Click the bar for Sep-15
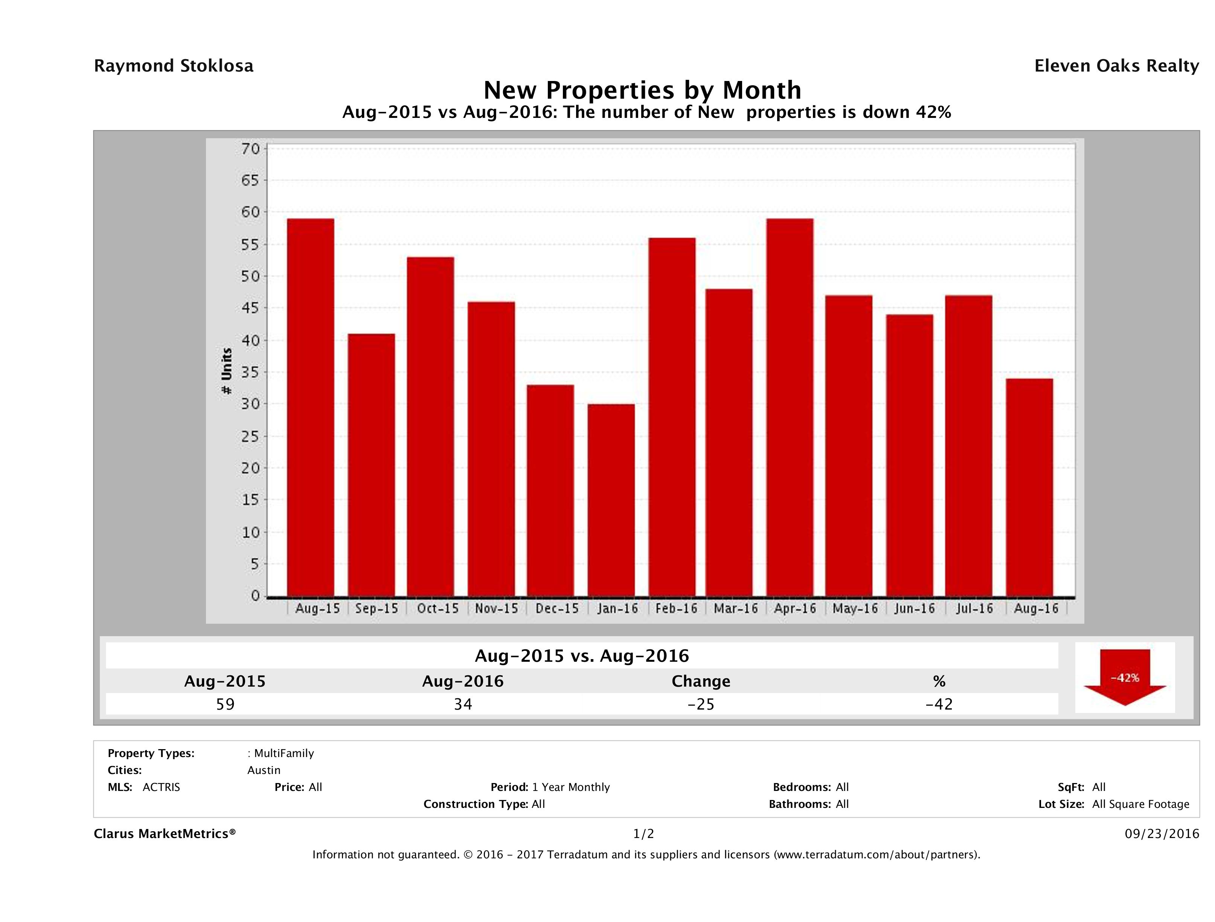(371, 465)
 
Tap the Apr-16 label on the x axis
(795, 609)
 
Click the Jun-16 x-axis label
(915, 609)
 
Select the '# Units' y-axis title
(226, 371)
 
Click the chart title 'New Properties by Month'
(642, 90)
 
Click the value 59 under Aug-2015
(225, 704)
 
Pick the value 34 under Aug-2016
(463, 704)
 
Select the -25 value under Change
(701, 704)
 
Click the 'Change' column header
(701, 681)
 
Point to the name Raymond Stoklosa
(174, 66)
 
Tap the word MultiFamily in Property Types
(284, 753)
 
